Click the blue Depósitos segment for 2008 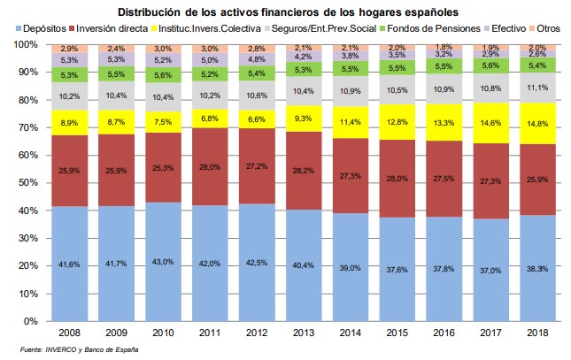(71, 265)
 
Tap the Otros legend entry (554, 28)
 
